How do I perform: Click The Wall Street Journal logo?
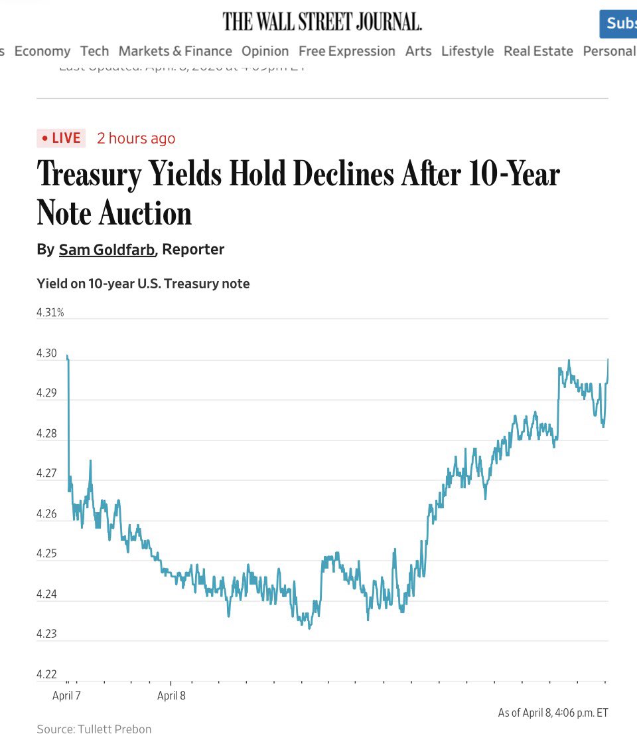[x=322, y=21]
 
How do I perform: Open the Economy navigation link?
[x=42, y=51]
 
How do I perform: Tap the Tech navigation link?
[x=94, y=51]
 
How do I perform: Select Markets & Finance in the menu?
[x=175, y=51]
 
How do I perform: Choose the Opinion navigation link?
[x=265, y=51]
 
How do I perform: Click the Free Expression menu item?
[x=346, y=51]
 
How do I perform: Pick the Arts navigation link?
[x=418, y=51]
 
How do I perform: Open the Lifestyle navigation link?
[x=467, y=51]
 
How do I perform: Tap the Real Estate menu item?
[x=538, y=51]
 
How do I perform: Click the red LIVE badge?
[x=61, y=138]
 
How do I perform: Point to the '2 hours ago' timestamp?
[x=136, y=138]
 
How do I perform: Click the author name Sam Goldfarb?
[x=106, y=250]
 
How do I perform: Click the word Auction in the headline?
[x=145, y=213]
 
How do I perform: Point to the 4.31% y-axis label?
[x=50, y=312]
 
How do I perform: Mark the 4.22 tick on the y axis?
[x=46, y=675]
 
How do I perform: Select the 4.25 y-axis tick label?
[x=46, y=554]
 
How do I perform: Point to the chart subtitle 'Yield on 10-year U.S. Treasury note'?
[x=143, y=284]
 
